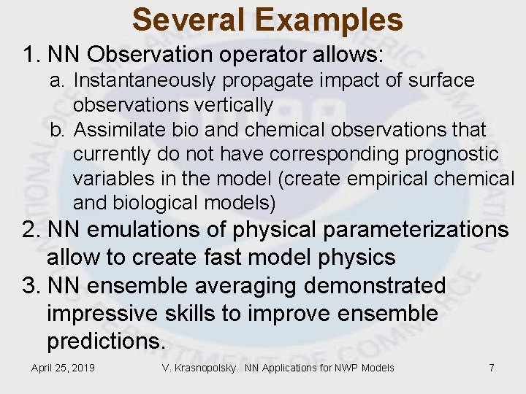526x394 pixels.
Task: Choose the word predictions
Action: [106, 341]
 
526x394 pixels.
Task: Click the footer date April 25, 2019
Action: [63, 368]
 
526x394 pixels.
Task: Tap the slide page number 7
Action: [492, 368]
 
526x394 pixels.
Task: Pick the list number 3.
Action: [29, 286]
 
